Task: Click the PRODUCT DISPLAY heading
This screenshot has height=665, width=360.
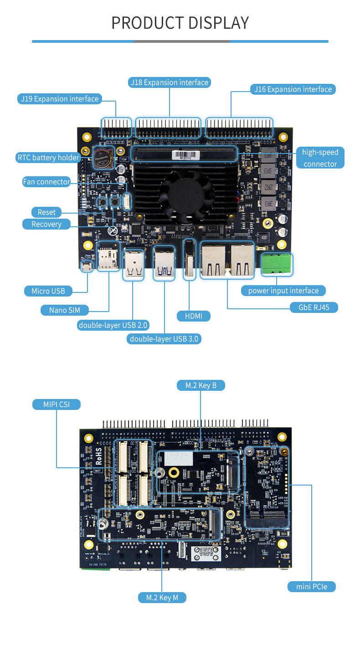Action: pyautogui.click(x=180, y=23)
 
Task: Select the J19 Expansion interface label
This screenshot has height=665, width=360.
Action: pyautogui.click(x=60, y=99)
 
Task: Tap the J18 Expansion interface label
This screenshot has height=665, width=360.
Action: pyautogui.click(x=170, y=82)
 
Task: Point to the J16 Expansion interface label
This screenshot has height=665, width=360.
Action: pyautogui.click(x=293, y=89)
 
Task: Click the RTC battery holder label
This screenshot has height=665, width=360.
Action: pyautogui.click(x=48, y=158)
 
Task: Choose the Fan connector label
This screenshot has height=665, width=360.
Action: pyautogui.click(x=46, y=182)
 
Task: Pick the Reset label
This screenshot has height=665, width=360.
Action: pyautogui.click(x=46, y=212)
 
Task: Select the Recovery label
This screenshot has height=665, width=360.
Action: pyautogui.click(x=46, y=224)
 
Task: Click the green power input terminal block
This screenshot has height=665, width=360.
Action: pyautogui.click(x=277, y=264)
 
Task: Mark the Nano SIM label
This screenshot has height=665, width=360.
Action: pyautogui.click(x=65, y=310)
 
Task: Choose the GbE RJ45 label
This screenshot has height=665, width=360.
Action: pyautogui.click(x=314, y=307)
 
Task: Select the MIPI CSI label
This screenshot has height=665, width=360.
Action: pyautogui.click(x=57, y=404)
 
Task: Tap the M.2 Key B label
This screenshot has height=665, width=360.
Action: pyautogui.click(x=201, y=385)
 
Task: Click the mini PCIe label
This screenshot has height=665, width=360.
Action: pyautogui.click(x=312, y=586)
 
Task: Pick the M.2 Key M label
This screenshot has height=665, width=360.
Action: pyautogui.click(x=162, y=597)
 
